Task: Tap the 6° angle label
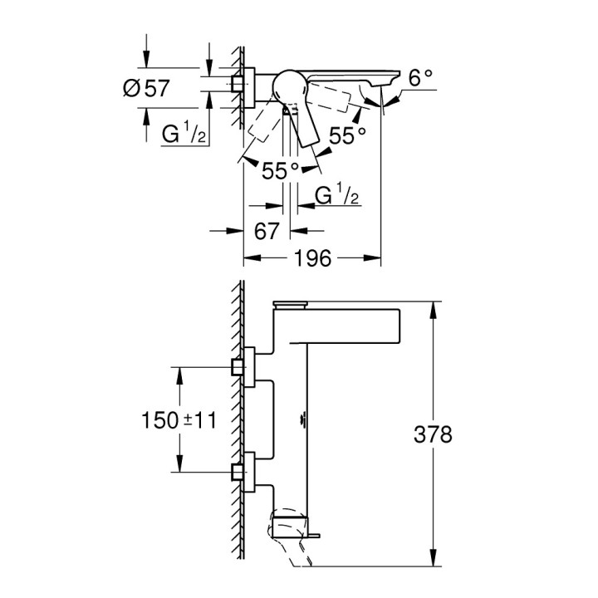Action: click(x=420, y=77)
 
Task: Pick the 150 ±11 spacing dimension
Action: click(x=178, y=420)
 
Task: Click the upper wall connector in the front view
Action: click(x=243, y=366)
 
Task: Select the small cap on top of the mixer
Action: click(x=292, y=303)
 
